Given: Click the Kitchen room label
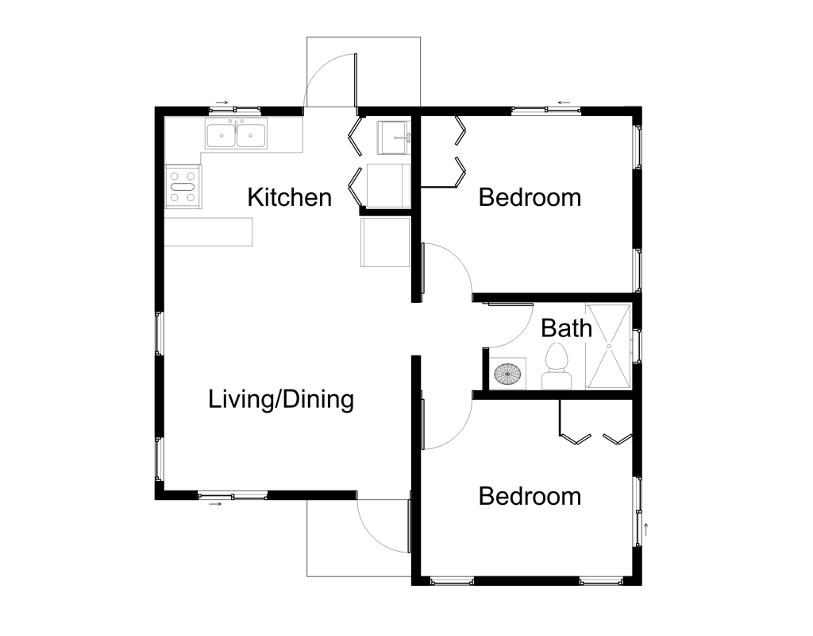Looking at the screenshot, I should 289,196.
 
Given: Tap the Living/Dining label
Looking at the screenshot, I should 280,399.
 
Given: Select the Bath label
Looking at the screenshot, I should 566,327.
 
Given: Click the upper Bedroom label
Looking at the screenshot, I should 530,196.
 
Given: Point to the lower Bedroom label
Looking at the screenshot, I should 530,496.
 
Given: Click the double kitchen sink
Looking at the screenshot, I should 237,135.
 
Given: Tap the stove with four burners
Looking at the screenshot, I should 183,186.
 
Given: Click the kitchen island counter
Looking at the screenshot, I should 209,231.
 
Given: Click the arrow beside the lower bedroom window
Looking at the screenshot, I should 647,528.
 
